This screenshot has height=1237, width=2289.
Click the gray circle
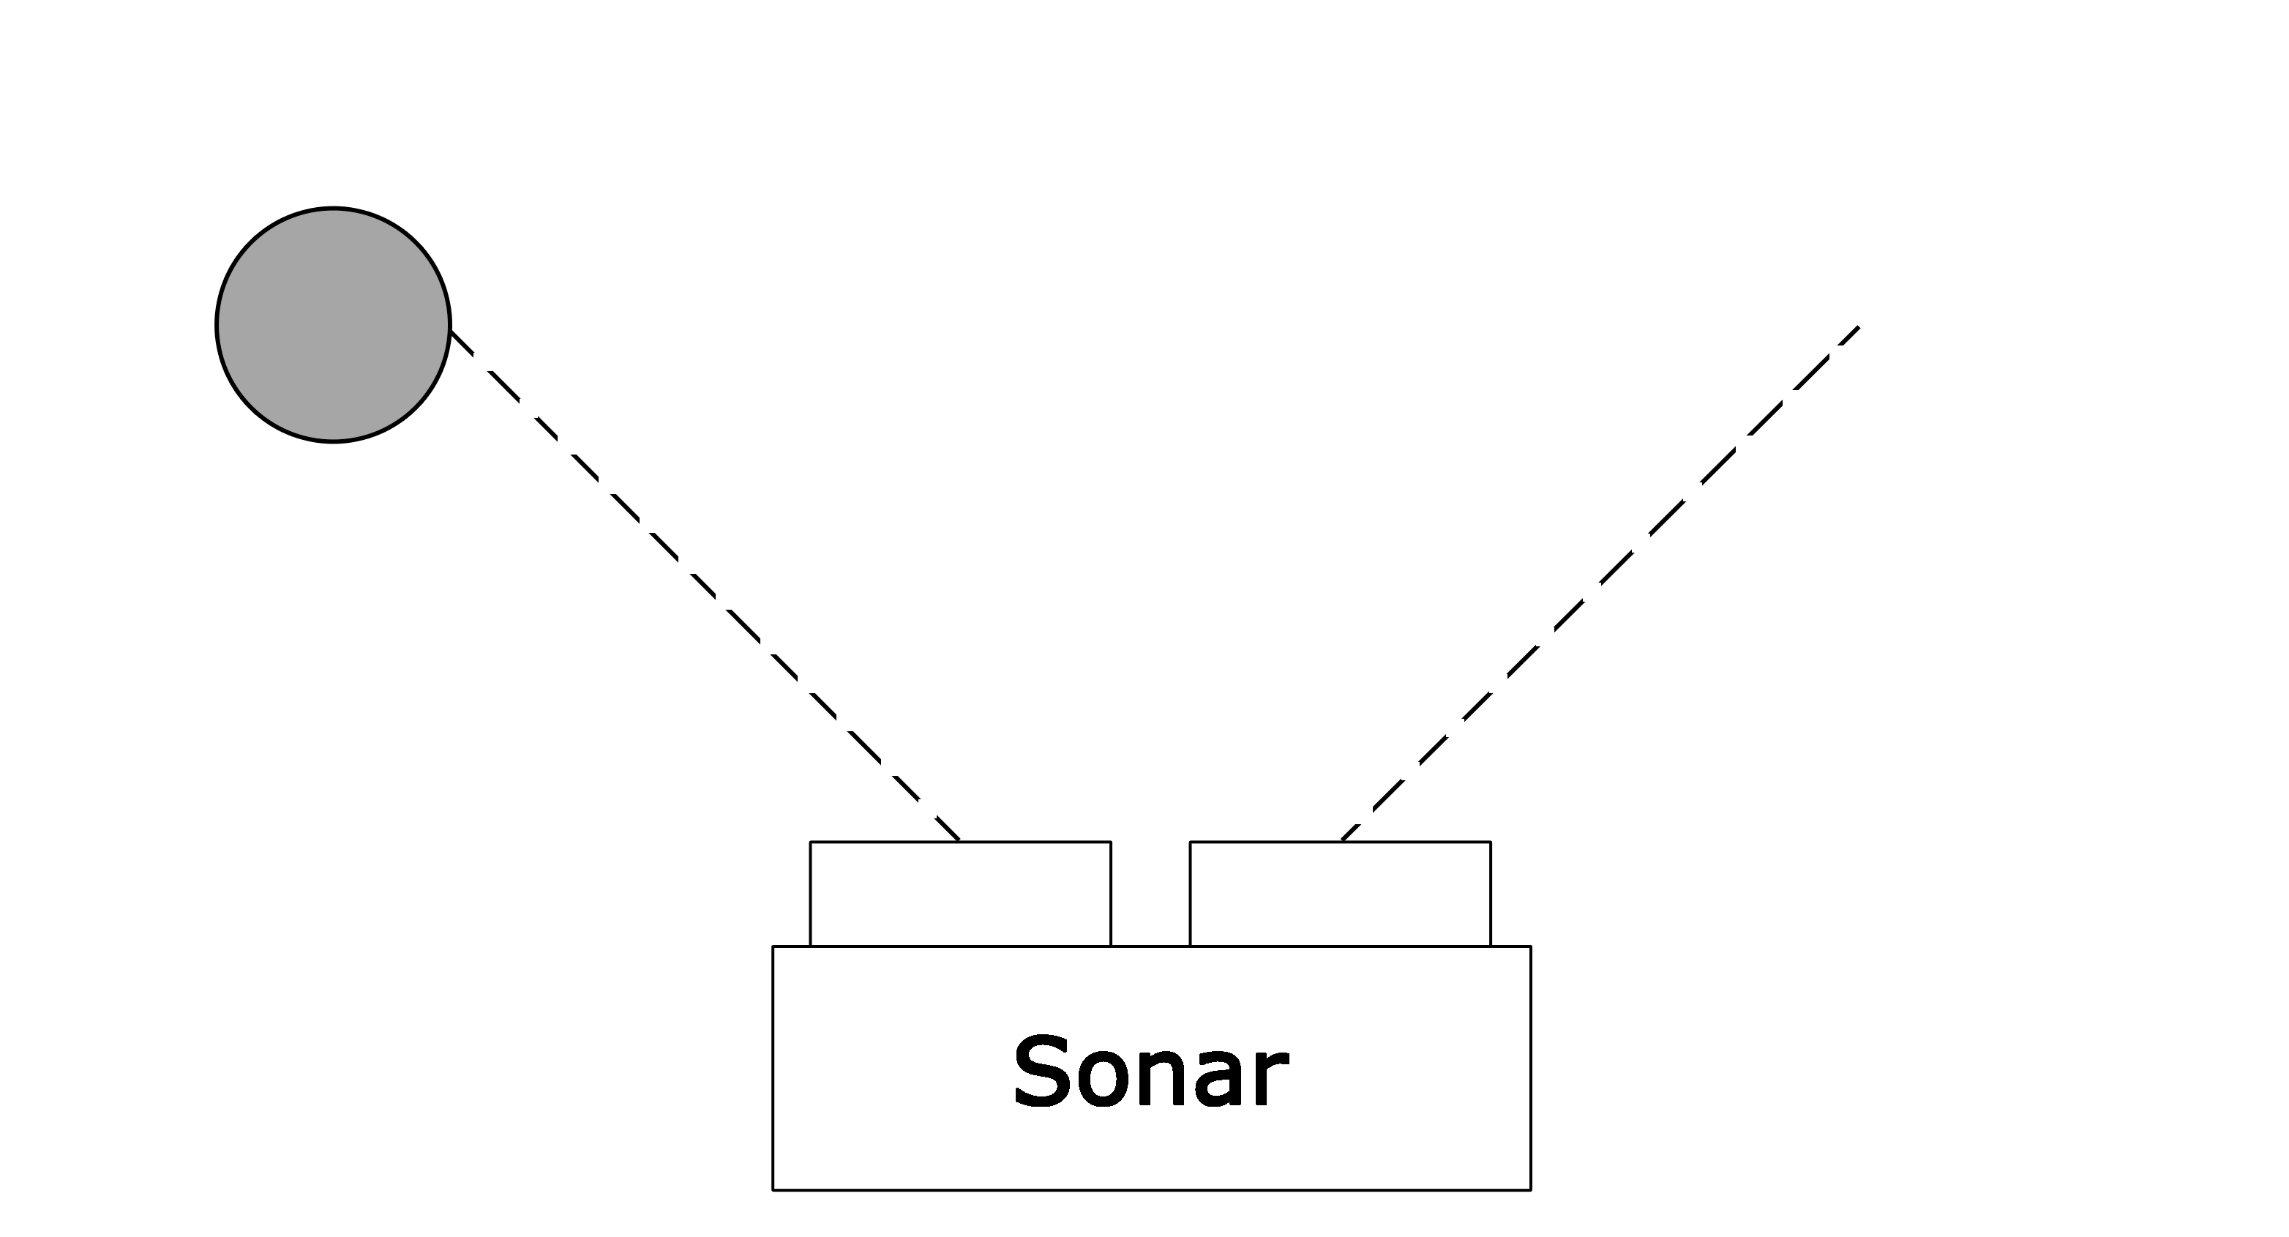click(x=333, y=325)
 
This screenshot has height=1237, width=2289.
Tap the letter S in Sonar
click(x=1041, y=1072)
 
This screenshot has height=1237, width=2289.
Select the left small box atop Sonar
click(x=961, y=893)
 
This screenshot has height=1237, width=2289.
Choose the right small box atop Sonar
click(x=1340, y=893)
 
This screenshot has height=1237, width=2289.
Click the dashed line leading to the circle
click(x=705, y=586)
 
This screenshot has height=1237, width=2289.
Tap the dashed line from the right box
click(x=1600, y=583)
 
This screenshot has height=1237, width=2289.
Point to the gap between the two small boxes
click(x=1150, y=893)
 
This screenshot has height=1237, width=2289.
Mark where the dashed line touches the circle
click(x=452, y=332)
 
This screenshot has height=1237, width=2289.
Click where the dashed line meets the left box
click(x=959, y=841)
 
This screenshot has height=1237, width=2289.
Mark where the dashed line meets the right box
click(x=1342, y=841)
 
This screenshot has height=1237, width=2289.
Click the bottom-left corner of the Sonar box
click(x=773, y=1190)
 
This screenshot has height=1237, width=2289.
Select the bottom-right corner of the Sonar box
click(x=1531, y=1190)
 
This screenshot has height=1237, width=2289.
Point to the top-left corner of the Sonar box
click(x=773, y=946)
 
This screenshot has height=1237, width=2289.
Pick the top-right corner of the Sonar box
click(x=1531, y=946)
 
